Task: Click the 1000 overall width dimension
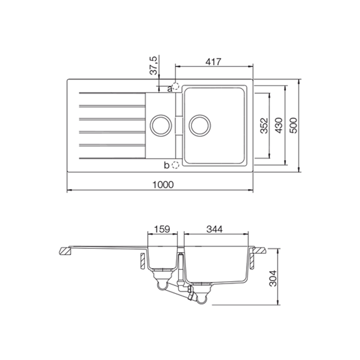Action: tap(163, 184)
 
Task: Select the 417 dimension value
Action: tap(213, 62)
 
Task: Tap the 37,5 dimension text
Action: tap(154, 65)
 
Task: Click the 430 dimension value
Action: tap(279, 125)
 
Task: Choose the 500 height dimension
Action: tap(294, 125)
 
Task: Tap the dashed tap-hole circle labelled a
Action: tap(175, 86)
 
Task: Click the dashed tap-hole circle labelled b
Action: tap(175, 164)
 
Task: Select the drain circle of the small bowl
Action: tap(160, 124)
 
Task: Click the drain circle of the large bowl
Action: tap(199, 124)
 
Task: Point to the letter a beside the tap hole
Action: tap(169, 88)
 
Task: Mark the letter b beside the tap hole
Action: tap(167, 164)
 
